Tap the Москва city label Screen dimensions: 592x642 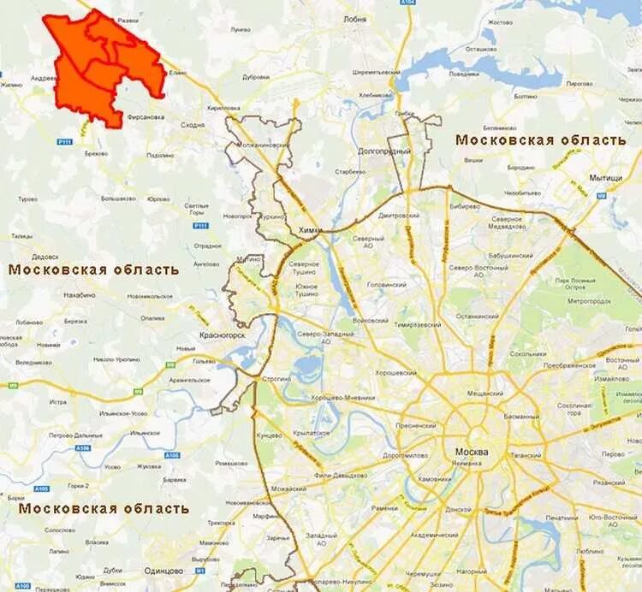tap(472, 452)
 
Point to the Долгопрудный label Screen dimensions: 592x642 tap(384, 151)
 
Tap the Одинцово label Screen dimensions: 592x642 tap(163, 571)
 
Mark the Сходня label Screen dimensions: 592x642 tap(193, 125)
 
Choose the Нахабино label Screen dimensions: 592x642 tap(79, 293)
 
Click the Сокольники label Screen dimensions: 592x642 tap(527, 353)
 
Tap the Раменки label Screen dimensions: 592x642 tap(384, 508)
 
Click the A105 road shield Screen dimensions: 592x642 tap(41, 488)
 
